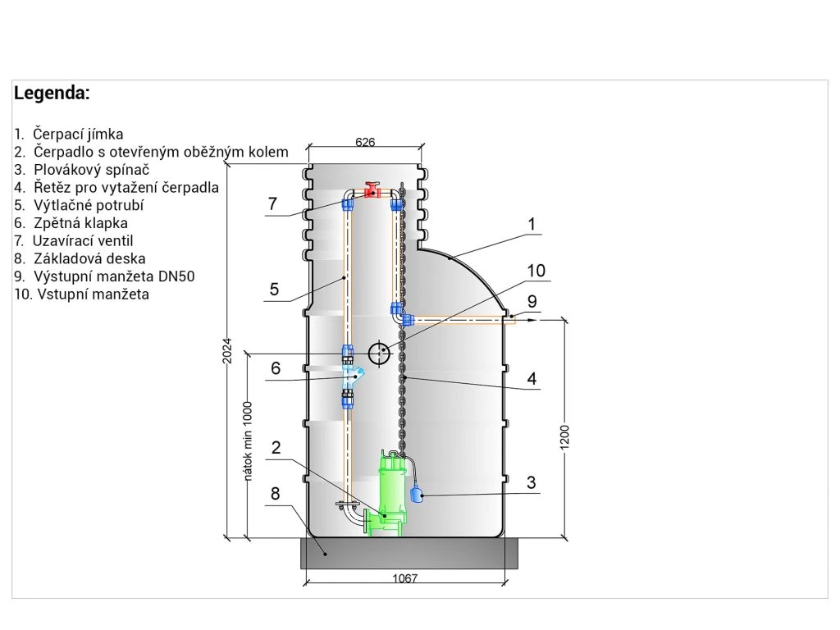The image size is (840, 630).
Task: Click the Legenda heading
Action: click(x=52, y=94)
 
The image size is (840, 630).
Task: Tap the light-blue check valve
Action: click(x=354, y=378)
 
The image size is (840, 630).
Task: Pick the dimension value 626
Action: click(x=365, y=142)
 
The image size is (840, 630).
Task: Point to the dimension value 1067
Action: click(x=404, y=578)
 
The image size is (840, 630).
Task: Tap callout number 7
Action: click(x=272, y=203)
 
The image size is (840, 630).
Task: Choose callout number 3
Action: click(x=532, y=482)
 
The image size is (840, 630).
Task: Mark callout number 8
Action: click(x=275, y=494)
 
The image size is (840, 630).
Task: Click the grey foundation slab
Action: click(x=409, y=554)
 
